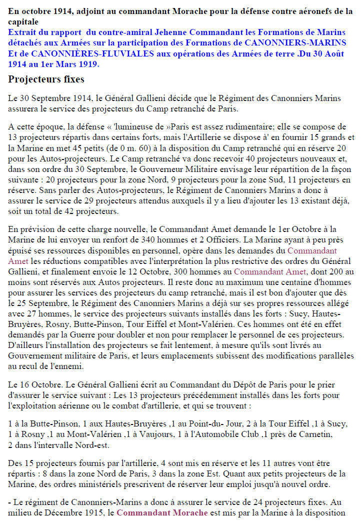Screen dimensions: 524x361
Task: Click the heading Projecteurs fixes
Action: coord(46,79)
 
